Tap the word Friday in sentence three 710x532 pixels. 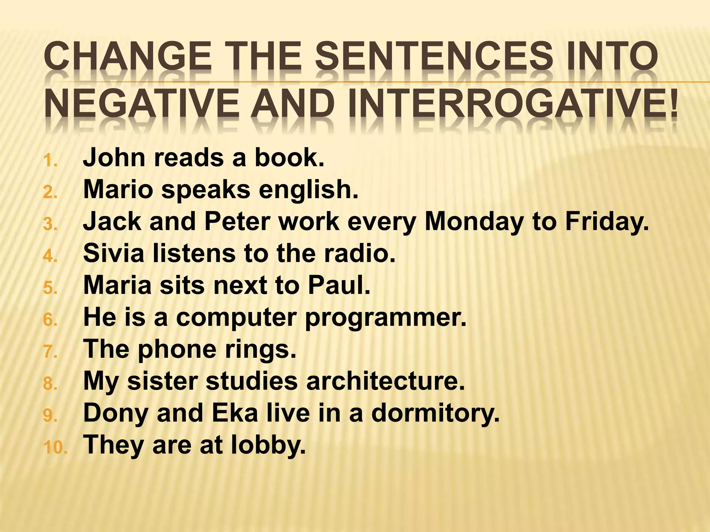click(607, 222)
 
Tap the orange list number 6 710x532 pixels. click(50, 320)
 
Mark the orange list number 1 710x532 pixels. click(50, 161)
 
